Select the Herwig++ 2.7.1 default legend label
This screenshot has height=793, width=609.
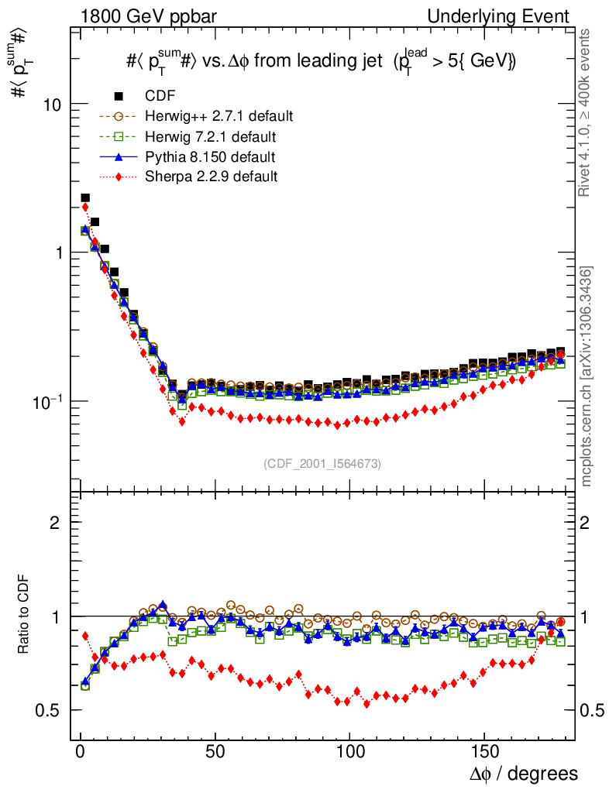coord(218,116)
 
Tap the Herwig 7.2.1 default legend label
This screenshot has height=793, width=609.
coord(210,137)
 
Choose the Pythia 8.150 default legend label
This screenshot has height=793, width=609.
coord(210,157)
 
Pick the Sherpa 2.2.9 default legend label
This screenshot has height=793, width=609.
coord(211,177)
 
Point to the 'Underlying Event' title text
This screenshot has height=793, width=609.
coord(514,16)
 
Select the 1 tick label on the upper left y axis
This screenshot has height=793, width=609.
coord(60,252)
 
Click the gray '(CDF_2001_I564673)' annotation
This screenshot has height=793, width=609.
coord(322,463)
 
